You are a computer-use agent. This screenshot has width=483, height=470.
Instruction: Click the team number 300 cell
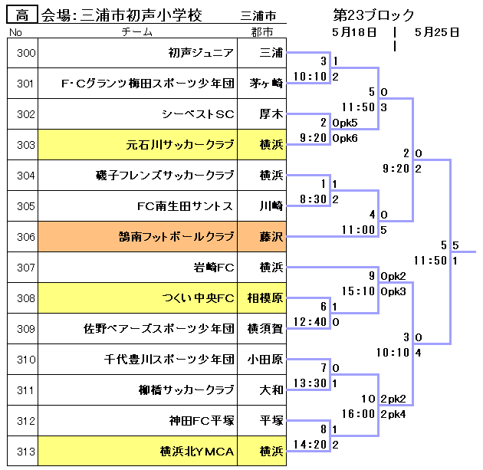[25, 53]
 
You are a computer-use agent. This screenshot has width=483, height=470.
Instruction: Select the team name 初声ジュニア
[201, 53]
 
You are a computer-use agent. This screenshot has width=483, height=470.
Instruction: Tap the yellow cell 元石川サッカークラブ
[180, 145]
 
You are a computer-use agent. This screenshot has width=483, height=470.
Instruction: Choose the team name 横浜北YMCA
[197, 451]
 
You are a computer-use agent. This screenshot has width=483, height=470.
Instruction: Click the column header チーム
[137, 32]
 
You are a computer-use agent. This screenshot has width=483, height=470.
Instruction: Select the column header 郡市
[261, 32]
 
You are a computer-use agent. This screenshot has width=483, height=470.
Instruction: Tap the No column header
[15, 32]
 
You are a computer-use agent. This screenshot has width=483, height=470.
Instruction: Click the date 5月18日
[354, 32]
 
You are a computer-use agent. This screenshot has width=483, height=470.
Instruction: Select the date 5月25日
[436, 32]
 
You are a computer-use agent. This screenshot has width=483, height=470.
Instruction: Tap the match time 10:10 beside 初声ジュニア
[310, 77]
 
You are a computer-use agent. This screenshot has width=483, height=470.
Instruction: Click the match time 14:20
[310, 444]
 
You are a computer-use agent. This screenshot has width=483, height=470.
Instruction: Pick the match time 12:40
[310, 322]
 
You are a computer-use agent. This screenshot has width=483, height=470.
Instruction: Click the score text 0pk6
[346, 138]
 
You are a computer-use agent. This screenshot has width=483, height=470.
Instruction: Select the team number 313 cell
[25, 451]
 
